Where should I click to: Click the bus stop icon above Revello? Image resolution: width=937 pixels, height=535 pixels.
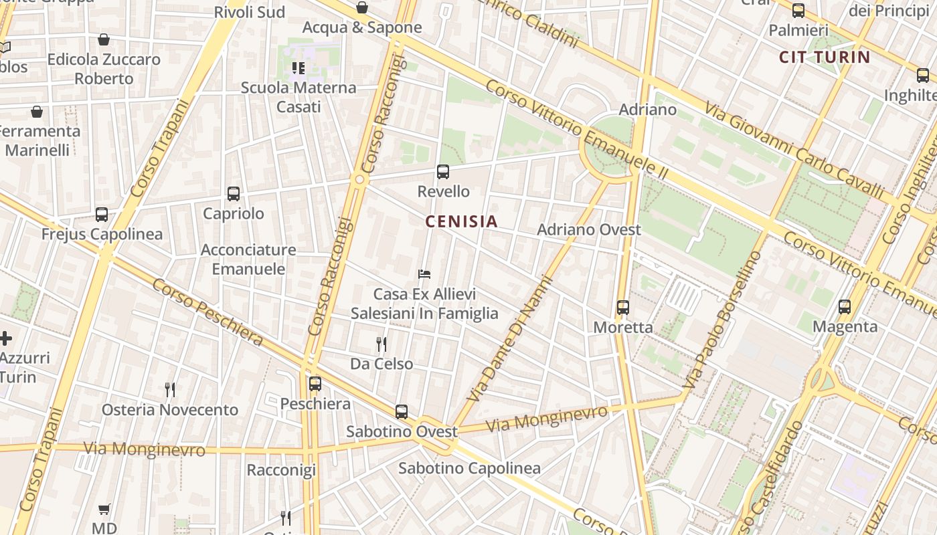(442, 172)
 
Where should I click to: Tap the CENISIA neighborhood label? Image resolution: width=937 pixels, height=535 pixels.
(461, 221)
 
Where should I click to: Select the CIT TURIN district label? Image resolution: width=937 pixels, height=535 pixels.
(824, 57)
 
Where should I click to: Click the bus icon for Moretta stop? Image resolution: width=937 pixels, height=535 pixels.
(622, 308)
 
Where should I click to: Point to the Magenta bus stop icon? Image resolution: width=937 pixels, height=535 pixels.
(844, 307)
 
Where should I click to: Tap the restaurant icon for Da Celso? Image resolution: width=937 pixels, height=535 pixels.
(381, 344)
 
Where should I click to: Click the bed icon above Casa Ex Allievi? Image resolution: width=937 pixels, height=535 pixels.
(424, 274)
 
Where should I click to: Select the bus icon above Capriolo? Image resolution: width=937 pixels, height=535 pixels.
(233, 194)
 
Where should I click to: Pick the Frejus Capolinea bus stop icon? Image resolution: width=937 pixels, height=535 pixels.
(101, 215)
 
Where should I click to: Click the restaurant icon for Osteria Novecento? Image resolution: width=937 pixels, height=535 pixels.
(170, 390)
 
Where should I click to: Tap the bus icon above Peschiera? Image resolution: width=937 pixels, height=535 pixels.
(315, 384)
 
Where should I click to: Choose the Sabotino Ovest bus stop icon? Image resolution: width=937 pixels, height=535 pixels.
(401, 412)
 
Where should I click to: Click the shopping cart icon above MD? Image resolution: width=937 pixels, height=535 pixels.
(104, 510)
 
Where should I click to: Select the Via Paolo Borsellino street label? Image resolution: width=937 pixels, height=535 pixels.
(723, 321)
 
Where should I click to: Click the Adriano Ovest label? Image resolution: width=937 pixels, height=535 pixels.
(589, 230)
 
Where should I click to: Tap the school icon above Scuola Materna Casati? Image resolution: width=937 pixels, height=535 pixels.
(299, 68)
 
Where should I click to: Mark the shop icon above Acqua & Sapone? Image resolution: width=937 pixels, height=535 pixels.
(361, 8)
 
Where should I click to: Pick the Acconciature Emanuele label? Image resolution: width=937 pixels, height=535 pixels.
(248, 259)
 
